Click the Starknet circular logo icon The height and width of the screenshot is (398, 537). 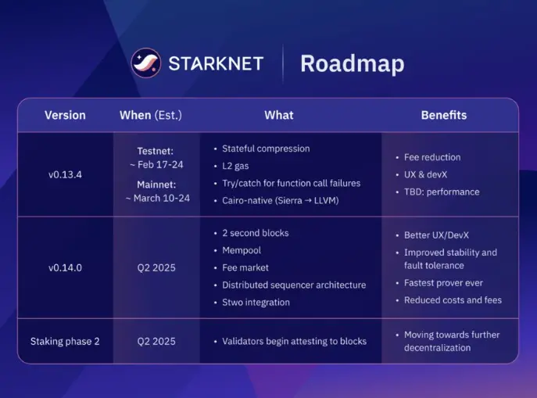146,63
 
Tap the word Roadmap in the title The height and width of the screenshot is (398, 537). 352,63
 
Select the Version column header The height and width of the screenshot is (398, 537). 65,115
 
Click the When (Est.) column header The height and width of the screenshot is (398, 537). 150,115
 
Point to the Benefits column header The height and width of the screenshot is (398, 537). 443,115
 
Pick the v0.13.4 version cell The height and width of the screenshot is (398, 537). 65,174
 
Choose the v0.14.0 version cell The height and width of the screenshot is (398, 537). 65,267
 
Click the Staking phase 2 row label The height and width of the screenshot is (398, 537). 65,341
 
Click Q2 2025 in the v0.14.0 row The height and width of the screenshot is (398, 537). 156,267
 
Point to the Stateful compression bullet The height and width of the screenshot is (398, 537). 266,149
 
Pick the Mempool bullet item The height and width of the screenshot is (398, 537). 242,250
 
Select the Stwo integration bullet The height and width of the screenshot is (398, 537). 256,303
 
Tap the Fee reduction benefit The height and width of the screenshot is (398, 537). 432,157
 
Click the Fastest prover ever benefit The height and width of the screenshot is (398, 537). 443,282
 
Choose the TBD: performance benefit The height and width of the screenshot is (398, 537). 442,192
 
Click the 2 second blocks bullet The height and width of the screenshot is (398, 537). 255,233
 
